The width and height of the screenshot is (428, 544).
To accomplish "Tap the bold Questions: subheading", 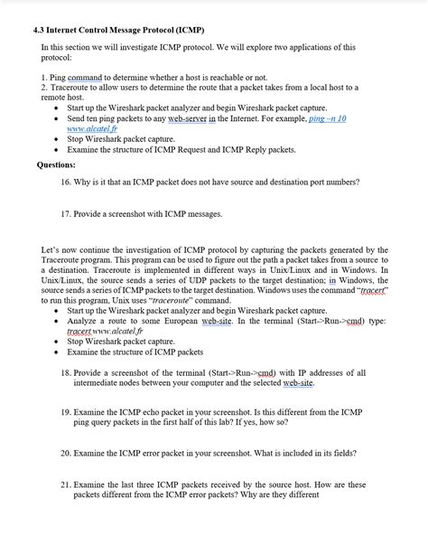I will (56, 165).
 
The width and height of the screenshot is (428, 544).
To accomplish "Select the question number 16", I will (66, 182).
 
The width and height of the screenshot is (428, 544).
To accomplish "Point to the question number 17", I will (66, 214).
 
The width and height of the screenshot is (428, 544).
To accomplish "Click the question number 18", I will (66, 372).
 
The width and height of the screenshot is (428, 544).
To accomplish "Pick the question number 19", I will (66, 411).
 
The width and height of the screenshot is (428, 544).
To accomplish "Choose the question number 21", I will (66, 484).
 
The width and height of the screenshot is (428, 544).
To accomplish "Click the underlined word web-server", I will (187, 118).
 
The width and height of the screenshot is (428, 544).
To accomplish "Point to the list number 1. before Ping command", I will (44, 79).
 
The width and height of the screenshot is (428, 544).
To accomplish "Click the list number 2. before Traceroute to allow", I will (44, 88).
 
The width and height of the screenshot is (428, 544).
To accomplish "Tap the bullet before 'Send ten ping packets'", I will (57, 118).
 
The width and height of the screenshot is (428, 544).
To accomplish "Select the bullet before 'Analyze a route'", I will (57, 321).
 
